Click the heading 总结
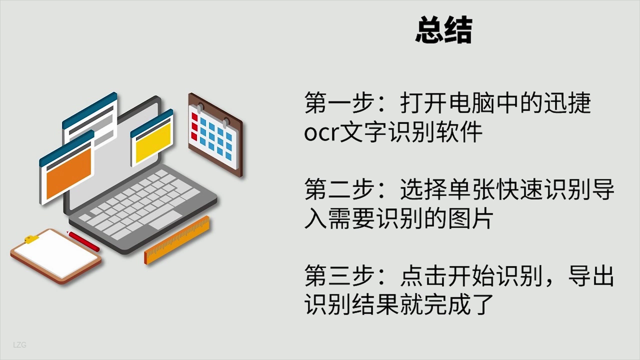pyautogui.click(x=443, y=31)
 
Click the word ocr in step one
pyautogui.click(x=321, y=133)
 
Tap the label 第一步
pyautogui.click(x=340, y=103)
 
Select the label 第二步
pyautogui.click(x=340, y=190)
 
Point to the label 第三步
pyautogui.click(x=340, y=275)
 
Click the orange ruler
pyautogui.click(x=177, y=240)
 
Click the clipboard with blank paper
pyautogui.click(x=56, y=256)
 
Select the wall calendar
pyautogui.click(x=215, y=134)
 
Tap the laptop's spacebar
pyautogui.click(x=165, y=220)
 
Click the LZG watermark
pyautogui.click(x=20, y=345)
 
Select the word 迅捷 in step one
pyautogui.click(x=567, y=103)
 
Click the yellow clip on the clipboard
pyautogui.click(x=31, y=239)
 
